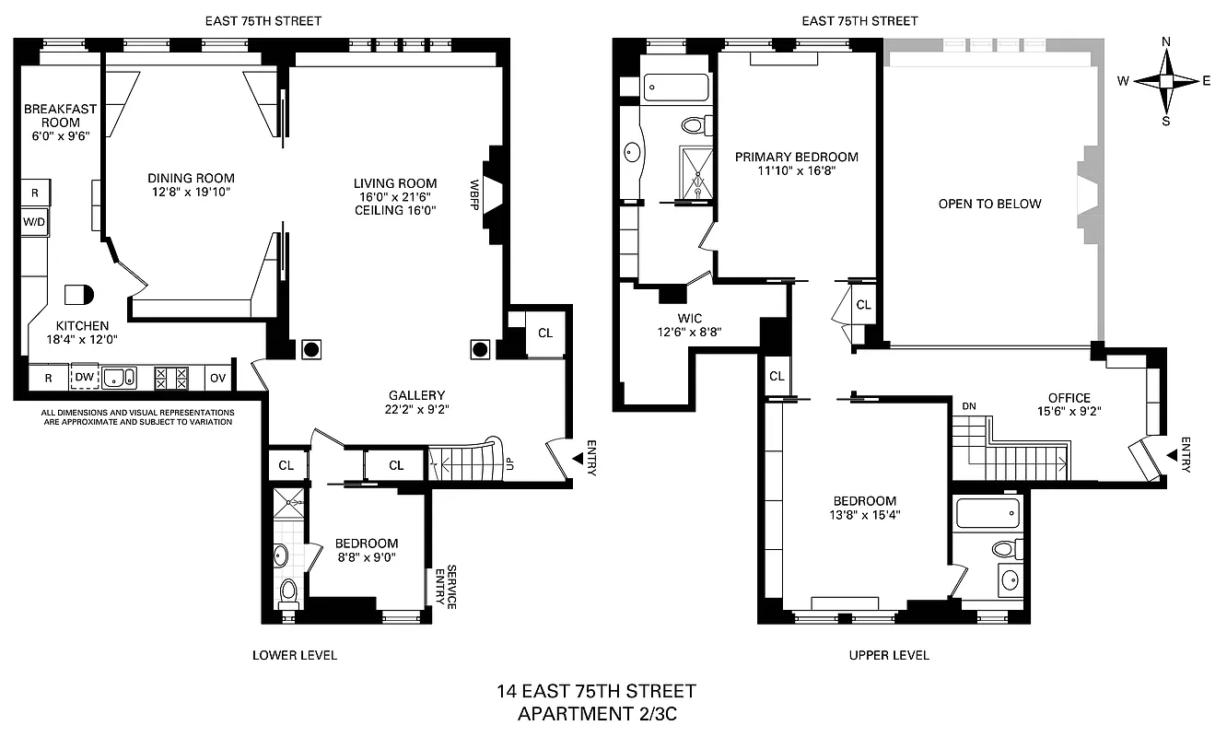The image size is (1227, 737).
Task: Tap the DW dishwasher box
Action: pyautogui.click(x=85, y=377)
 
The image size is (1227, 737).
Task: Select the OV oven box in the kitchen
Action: pyautogui.click(x=217, y=377)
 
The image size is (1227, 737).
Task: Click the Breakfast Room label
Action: pyautogui.click(x=60, y=115)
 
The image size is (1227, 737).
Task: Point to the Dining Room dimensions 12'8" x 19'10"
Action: pyautogui.click(x=191, y=193)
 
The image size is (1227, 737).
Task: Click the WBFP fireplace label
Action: pyautogui.click(x=475, y=195)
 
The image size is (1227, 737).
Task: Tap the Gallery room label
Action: pyautogui.click(x=416, y=395)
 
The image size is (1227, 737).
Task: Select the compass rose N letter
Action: pyautogui.click(x=1166, y=41)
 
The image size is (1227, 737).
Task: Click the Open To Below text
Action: pyautogui.click(x=989, y=204)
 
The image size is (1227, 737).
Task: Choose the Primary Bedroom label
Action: pyautogui.click(x=796, y=157)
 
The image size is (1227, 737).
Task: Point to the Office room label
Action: pyautogui.click(x=1069, y=398)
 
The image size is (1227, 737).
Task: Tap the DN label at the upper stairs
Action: pyautogui.click(x=968, y=406)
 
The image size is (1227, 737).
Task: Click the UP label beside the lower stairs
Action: pyautogui.click(x=509, y=463)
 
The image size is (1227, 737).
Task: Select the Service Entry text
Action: pyautogui.click(x=451, y=587)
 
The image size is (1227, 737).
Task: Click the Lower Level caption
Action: pyautogui.click(x=295, y=655)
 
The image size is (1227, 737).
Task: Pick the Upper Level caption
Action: pyautogui.click(x=888, y=655)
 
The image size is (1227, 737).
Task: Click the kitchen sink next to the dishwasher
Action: pyautogui.click(x=119, y=377)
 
